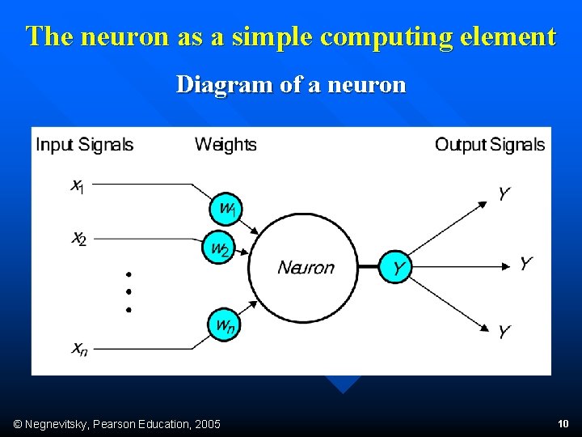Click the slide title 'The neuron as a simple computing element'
click(x=291, y=36)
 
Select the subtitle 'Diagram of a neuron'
click(x=291, y=84)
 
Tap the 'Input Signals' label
click(x=85, y=145)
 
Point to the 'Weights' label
click(x=226, y=145)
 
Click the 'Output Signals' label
click(x=490, y=145)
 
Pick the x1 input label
click(x=78, y=186)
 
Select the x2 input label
click(x=78, y=239)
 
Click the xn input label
click(x=79, y=350)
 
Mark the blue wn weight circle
click(x=225, y=325)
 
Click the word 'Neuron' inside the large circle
click(x=306, y=268)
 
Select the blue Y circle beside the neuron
click(x=397, y=268)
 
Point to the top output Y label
click(x=504, y=194)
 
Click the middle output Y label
click(x=525, y=264)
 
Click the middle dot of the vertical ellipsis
click(x=129, y=291)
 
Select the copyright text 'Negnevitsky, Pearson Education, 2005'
click(x=118, y=424)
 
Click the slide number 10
click(x=563, y=423)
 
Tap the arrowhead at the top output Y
click(x=483, y=204)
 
